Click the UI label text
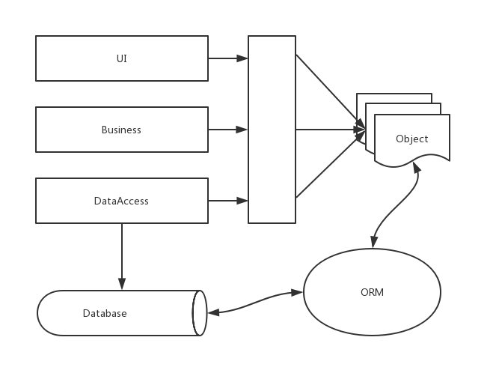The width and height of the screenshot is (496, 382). (122, 58)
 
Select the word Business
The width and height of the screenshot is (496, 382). (121, 130)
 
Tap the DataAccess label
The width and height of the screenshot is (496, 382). (121, 201)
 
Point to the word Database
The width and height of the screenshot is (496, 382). (105, 313)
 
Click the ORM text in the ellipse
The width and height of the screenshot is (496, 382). (372, 292)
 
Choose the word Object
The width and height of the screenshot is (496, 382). (412, 139)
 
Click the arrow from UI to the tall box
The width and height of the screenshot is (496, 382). (228, 58)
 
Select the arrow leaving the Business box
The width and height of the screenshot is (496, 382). (228, 130)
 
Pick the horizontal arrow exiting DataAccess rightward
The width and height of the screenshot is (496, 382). (228, 201)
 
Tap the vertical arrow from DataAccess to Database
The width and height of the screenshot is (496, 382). (122, 257)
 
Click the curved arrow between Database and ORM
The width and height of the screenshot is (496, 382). (255, 303)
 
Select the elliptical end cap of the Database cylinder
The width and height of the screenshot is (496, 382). (200, 313)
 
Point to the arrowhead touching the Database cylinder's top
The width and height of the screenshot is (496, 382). (122, 284)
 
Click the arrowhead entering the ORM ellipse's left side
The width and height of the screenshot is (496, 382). (297, 293)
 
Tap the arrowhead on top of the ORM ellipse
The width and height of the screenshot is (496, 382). (374, 242)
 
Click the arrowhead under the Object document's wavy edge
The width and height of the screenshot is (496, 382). (417, 167)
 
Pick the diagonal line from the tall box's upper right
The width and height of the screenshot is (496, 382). (331, 91)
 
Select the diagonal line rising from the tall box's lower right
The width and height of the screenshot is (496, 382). (331, 164)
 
